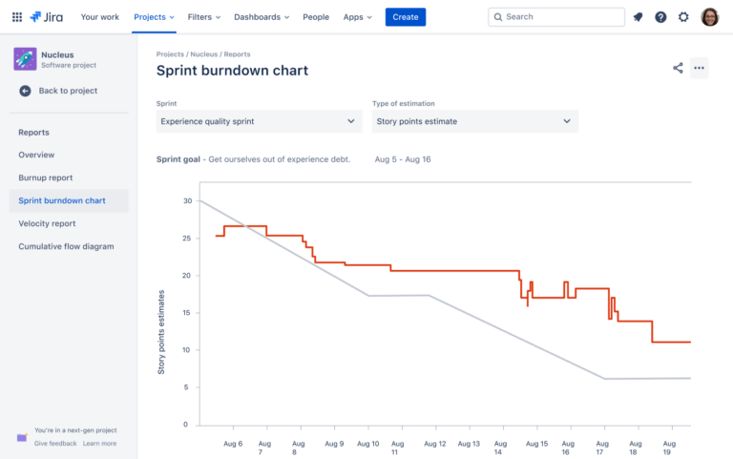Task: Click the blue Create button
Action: point(406,17)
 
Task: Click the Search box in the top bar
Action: point(556,17)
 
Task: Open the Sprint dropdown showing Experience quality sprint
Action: point(259,121)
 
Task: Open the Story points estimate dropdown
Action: point(474,121)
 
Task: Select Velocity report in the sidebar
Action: point(47,223)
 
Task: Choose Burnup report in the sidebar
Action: point(45,177)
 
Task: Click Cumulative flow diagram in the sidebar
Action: point(66,246)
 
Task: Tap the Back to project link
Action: point(67,91)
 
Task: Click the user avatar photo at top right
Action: point(709,17)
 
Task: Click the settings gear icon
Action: point(683,17)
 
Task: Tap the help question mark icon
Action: point(660,17)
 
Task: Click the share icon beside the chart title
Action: point(678,68)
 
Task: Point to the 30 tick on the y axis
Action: point(187,200)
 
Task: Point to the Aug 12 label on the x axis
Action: point(434,444)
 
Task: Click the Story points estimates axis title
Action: point(161,332)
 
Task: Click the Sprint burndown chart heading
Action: point(232,71)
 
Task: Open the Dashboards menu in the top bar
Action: point(262,17)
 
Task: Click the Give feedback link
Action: point(55,444)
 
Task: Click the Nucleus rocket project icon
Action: point(25,59)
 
